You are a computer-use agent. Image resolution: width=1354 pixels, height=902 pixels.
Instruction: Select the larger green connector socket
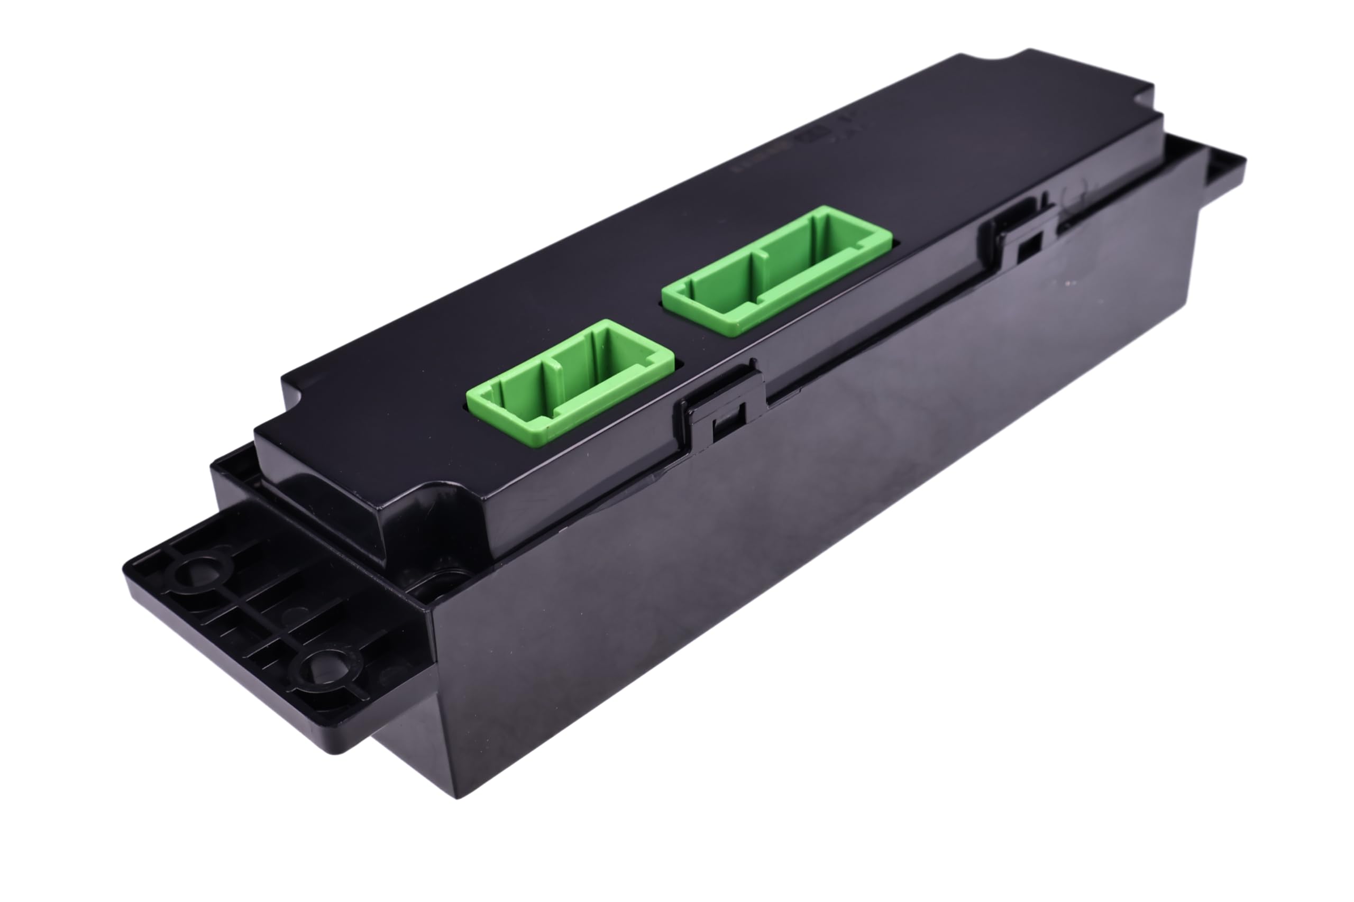point(777,270)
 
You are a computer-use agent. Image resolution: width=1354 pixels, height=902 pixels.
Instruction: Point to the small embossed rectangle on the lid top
point(812,135)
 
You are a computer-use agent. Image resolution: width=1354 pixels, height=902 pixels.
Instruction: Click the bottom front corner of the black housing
point(458,797)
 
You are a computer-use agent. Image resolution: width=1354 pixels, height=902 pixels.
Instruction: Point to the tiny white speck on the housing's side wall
point(1068,283)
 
